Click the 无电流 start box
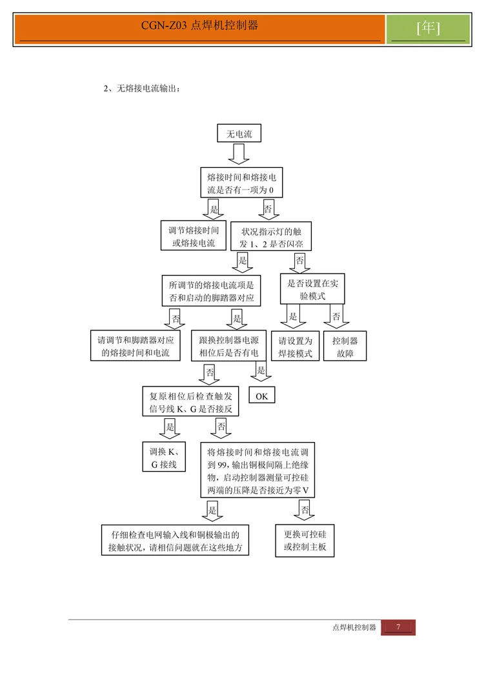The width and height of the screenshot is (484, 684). pyautogui.click(x=239, y=134)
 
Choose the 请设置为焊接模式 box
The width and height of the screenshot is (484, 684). pyautogui.click(x=295, y=347)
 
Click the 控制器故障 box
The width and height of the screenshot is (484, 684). pyautogui.click(x=345, y=347)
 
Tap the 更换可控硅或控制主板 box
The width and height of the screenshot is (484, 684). pyautogui.click(x=305, y=541)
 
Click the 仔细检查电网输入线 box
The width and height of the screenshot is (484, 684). pyautogui.click(x=176, y=541)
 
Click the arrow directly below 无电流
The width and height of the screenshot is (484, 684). pyautogui.click(x=239, y=154)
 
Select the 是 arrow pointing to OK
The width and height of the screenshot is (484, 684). pyautogui.click(x=261, y=371)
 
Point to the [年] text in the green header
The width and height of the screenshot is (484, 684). pyautogui.click(x=429, y=28)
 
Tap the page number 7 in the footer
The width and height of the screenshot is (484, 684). pyautogui.click(x=398, y=627)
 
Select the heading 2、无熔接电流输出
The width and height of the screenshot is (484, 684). pyautogui.click(x=142, y=88)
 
